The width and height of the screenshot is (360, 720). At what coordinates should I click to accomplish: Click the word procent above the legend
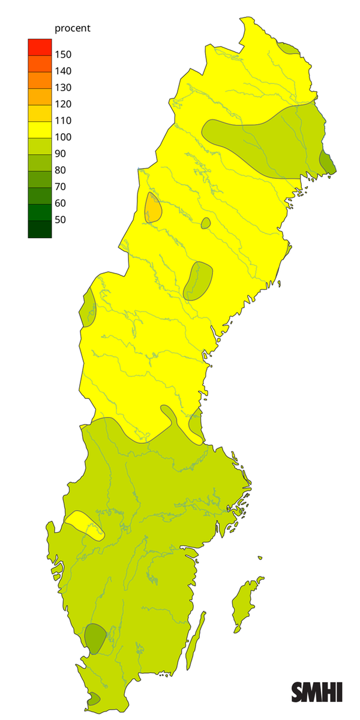(73, 28)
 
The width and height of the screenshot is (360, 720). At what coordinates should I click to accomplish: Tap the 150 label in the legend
(63, 55)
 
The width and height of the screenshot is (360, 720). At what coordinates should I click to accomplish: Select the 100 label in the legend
(63, 137)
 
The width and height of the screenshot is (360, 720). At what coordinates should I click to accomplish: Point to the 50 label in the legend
(61, 220)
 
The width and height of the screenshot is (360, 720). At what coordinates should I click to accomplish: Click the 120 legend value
(63, 104)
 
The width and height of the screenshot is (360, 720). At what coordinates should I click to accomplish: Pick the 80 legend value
(61, 170)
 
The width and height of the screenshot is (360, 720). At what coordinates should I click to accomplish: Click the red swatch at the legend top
(40, 46)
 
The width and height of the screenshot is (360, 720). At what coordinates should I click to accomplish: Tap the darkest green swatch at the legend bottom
(40, 229)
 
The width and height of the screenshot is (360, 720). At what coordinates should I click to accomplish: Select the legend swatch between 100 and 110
(40, 128)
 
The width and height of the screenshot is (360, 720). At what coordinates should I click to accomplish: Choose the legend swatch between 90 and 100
(40, 145)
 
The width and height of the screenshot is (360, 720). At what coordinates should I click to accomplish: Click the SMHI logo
(317, 692)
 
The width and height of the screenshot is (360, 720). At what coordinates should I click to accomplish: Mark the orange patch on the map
(153, 208)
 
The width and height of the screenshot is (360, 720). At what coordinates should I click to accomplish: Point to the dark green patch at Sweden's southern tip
(94, 698)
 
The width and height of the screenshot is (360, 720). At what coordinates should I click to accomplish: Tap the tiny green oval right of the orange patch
(206, 223)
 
